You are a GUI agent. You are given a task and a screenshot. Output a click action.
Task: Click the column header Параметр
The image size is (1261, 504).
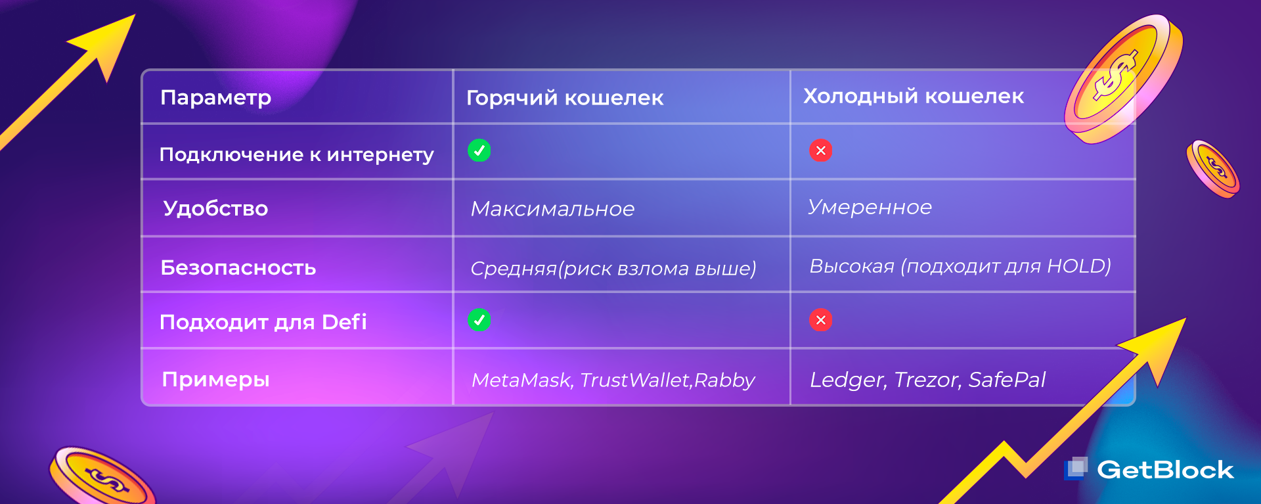tap(215, 98)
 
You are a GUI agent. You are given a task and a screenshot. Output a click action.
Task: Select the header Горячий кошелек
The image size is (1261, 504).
tap(565, 98)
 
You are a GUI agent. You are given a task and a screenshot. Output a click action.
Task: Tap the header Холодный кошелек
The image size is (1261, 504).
tap(914, 96)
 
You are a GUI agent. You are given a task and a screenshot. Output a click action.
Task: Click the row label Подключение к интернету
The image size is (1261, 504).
tap(297, 154)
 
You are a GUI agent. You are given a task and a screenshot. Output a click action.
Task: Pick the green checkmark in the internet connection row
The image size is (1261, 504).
tap(479, 150)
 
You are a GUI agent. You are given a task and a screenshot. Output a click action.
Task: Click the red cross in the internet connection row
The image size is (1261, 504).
tap(821, 150)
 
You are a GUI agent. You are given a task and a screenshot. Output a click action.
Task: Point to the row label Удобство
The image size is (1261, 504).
tap(215, 208)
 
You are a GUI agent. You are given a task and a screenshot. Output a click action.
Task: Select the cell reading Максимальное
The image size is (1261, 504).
tap(553, 209)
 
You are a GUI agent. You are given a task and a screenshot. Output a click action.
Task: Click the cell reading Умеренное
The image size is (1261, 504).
tap(870, 207)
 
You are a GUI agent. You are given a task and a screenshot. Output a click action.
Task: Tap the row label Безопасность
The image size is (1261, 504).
tap(238, 267)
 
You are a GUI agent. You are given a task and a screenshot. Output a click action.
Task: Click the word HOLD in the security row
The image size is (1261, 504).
tap(1076, 266)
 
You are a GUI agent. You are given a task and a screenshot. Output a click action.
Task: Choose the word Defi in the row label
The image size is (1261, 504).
tap(344, 322)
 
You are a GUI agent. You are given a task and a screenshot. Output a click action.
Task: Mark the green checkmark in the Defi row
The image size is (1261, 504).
tap(479, 320)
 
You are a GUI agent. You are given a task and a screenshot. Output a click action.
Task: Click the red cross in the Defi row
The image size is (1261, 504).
tap(821, 320)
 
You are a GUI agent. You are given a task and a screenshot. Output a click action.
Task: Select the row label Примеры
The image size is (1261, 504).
tap(215, 380)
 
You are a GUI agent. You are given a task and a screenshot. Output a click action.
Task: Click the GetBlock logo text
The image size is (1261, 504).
tap(1166, 470)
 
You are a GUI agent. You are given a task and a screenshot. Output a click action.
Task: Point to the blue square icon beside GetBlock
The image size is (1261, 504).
tap(1076, 468)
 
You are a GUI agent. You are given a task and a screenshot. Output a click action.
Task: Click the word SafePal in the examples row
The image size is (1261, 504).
tap(1007, 380)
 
